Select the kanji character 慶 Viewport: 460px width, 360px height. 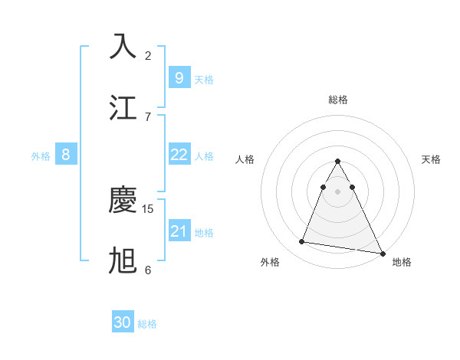pos(123,201)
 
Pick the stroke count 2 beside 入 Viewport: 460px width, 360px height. pos(148,55)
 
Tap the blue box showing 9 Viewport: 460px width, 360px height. pos(179,77)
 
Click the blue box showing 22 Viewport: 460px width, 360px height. pos(179,155)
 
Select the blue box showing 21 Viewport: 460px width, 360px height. pos(179,231)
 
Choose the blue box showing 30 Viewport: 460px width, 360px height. pos(123,323)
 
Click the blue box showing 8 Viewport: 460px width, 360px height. pos(66,155)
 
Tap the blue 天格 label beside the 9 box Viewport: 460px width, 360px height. pos(204,79)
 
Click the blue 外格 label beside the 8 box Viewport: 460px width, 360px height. pos(41,155)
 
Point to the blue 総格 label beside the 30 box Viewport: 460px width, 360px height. pos(147,324)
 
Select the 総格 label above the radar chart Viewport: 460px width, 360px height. pos(338,100)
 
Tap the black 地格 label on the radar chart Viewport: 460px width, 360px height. pos(402,262)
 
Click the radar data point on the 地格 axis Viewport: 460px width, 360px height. pos(382,254)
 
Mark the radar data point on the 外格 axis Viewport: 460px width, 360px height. pos(302,242)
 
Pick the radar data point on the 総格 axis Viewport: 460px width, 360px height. pos(338,162)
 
